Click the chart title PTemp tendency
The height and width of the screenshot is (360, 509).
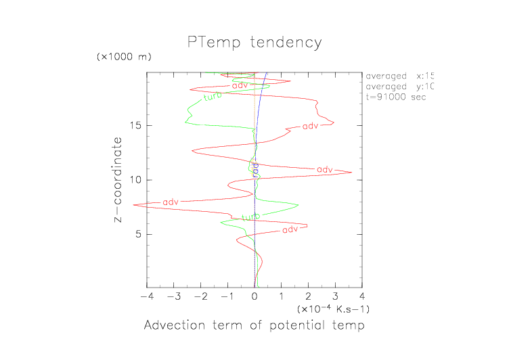point(255,43)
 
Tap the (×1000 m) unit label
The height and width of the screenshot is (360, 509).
point(124,56)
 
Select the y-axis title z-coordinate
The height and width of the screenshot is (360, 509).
point(118,181)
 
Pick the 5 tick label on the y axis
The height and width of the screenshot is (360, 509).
point(137,234)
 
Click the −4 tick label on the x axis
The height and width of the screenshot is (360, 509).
point(145,296)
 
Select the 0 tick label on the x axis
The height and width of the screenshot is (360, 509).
point(255,296)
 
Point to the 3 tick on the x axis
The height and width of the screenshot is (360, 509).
point(335,296)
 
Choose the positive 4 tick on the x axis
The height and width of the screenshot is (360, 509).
point(362,296)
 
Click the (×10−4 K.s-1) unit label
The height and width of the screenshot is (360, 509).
point(334,309)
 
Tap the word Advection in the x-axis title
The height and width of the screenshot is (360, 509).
point(173,326)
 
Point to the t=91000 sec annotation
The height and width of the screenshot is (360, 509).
point(395,97)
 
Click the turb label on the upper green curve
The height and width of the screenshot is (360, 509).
point(213,97)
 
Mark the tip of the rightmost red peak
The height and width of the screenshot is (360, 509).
point(351,173)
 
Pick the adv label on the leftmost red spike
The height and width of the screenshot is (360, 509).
point(171,202)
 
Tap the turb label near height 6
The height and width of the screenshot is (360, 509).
point(251,217)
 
